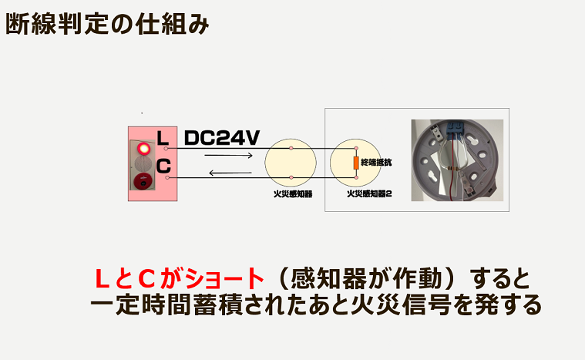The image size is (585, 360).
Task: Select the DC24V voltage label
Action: [222, 139]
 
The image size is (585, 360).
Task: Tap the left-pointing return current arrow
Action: [230, 173]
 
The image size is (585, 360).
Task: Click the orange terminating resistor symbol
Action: [356, 163]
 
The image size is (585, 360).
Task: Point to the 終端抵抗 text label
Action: [376, 163]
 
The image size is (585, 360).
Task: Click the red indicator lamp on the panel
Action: [143, 148]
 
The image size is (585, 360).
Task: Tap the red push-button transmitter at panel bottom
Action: [142, 181]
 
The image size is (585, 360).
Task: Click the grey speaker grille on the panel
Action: [142, 164]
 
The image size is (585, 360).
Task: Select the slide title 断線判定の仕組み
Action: [107, 24]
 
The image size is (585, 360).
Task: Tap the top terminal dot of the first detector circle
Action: [291, 147]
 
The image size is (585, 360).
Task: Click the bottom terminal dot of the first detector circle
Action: [291, 178]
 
